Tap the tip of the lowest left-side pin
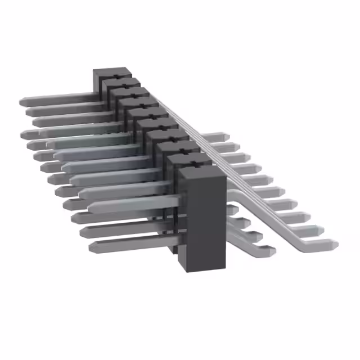(91, 246)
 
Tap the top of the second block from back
(120, 84)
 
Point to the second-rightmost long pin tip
(321, 229)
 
